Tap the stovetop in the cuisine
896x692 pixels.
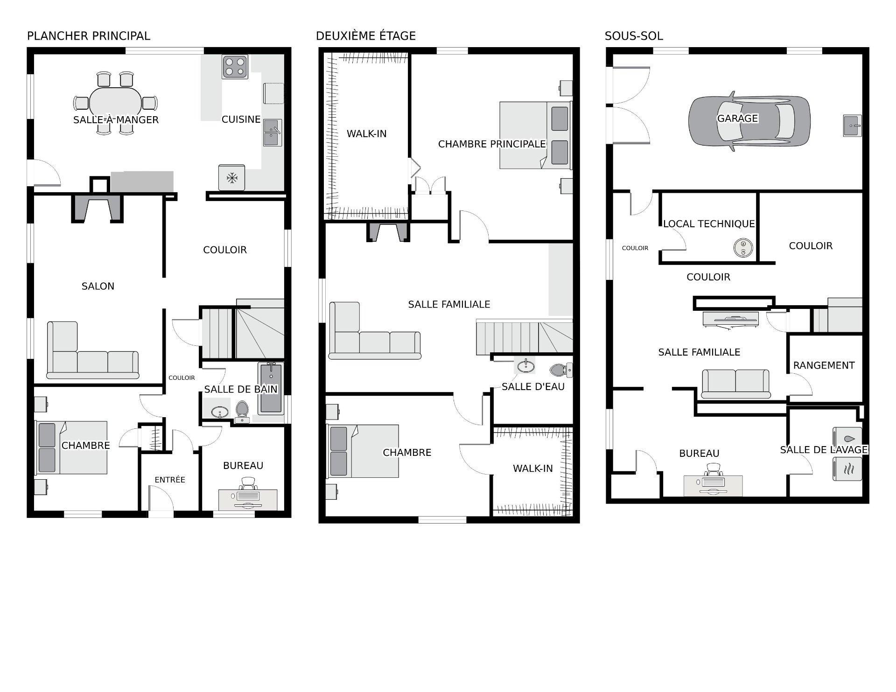click(235, 66)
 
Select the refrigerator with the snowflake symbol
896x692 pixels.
click(231, 177)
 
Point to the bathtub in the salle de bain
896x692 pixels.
click(271, 389)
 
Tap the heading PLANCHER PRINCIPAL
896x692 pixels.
click(89, 36)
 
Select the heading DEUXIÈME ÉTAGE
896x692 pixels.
click(366, 36)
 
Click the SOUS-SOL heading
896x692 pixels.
click(634, 36)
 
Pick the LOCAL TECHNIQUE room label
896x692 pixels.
click(709, 224)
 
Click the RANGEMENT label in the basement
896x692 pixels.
click(824, 365)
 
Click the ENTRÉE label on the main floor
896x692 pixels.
click(170, 480)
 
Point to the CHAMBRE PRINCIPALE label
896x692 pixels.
click(492, 144)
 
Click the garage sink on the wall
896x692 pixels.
click(852, 126)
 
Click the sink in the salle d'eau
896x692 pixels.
click(525, 365)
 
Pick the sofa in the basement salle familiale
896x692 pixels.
click(735, 384)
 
